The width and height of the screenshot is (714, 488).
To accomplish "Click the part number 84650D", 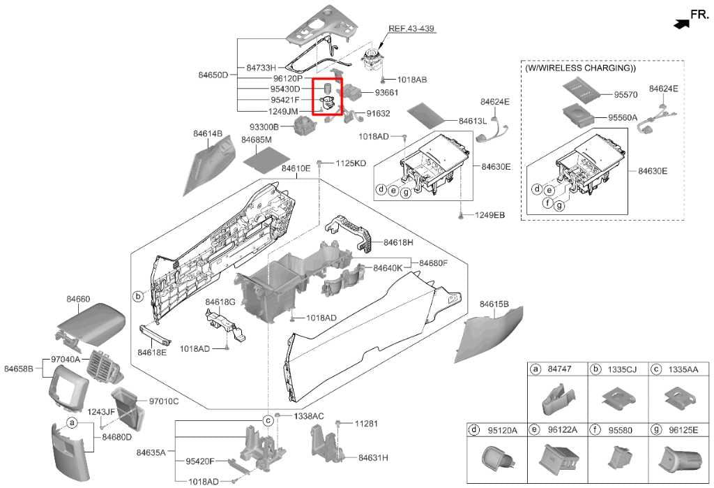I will click(x=213, y=75).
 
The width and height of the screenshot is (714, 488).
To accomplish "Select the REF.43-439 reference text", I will click(x=411, y=29).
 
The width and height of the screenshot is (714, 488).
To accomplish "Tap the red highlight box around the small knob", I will click(x=328, y=98).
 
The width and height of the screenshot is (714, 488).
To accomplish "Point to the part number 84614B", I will click(x=208, y=133).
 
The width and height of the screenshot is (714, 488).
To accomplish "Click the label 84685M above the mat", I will click(x=256, y=140).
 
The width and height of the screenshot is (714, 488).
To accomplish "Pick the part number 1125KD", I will click(x=351, y=163).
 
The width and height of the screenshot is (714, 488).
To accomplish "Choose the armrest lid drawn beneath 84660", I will click(x=92, y=322).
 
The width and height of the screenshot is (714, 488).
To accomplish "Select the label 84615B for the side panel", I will click(x=494, y=304).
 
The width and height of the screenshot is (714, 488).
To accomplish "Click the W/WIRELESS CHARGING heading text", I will click(x=580, y=69).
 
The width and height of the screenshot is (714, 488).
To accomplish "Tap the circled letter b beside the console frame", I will click(x=138, y=297).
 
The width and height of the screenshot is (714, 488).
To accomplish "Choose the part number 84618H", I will click(x=399, y=242).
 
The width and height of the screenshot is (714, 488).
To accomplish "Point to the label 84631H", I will click(x=373, y=458).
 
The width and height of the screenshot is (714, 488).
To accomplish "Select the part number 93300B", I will click(x=264, y=127).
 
